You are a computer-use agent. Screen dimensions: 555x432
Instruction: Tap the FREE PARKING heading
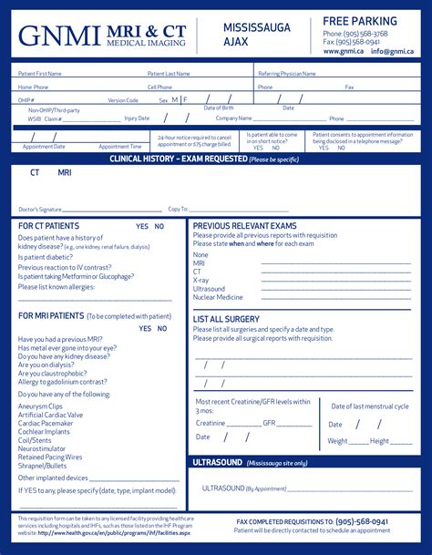click(359, 21)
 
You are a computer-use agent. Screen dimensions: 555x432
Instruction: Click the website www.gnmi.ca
click(343, 52)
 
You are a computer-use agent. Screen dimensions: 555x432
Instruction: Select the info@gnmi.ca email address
click(392, 52)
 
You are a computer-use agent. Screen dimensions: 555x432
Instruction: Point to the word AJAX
click(235, 43)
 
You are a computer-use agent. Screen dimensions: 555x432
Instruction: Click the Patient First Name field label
click(41, 74)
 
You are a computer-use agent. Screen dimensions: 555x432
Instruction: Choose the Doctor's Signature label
click(40, 210)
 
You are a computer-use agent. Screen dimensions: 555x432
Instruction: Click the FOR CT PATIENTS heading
click(49, 226)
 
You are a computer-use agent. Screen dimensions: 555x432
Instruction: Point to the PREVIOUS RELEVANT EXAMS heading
click(244, 226)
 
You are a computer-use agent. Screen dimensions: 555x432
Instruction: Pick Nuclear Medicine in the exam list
click(218, 297)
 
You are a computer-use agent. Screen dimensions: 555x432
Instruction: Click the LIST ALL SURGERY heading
click(226, 320)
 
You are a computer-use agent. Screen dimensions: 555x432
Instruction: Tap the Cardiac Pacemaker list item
click(45, 423)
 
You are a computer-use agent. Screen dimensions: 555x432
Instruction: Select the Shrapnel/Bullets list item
click(44, 466)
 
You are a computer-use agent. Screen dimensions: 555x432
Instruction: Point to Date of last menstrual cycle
click(369, 406)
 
